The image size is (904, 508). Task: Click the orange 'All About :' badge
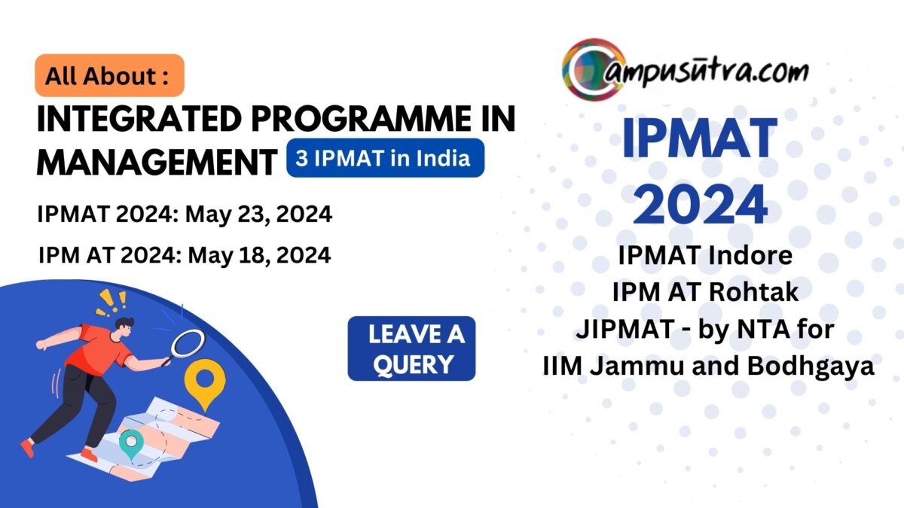pyautogui.click(x=109, y=75)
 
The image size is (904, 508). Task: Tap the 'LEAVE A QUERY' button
pyautogui.click(x=411, y=348)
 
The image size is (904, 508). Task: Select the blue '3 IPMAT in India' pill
pyautogui.click(x=385, y=158)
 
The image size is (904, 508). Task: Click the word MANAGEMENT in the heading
pyautogui.click(x=155, y=161)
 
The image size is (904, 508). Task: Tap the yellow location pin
pyautogui.click(x=205, y=379)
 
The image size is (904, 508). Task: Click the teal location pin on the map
pyautogui.click(x=131, y=443)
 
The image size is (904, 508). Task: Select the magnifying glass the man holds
pyautogui.click(x=187, y=344)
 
